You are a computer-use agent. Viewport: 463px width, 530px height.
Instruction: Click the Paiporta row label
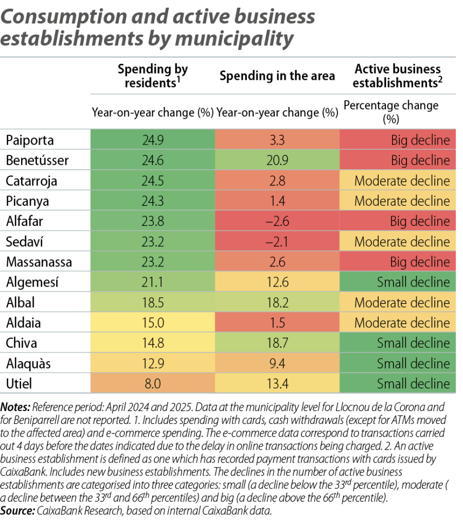tap(30, 140)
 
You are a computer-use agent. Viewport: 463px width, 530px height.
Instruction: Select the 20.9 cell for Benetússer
tap(277, 161)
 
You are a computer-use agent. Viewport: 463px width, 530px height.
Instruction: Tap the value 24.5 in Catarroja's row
tap(152, 181)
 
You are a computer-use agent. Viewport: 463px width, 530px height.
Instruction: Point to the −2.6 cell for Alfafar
tap(277, 221)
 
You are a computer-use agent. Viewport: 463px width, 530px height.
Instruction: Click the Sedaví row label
tap(24, 241)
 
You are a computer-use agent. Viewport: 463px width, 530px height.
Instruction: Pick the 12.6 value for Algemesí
tap(277, 282)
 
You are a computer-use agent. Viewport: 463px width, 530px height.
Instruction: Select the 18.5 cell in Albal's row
tap(152, 303)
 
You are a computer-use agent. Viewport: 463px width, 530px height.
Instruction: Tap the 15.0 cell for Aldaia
tap(152, 323)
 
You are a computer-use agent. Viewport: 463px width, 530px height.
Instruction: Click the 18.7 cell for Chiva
tap(277, 343)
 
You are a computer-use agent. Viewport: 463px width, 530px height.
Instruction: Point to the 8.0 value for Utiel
tap(152, 384)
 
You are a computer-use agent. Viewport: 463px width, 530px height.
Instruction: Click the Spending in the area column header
tap(277, 76)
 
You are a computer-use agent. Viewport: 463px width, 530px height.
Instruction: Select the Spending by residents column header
tap(153, 76)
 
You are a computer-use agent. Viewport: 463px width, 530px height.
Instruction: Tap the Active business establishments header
tap(398, 76)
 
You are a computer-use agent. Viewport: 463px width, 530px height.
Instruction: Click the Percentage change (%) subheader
tap(391, 112)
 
